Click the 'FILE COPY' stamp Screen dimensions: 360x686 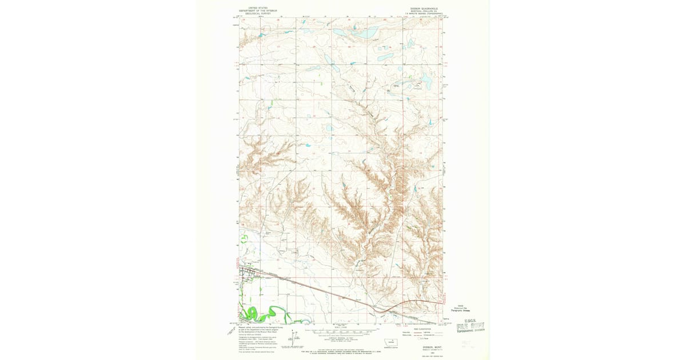[x=474, y=326]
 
